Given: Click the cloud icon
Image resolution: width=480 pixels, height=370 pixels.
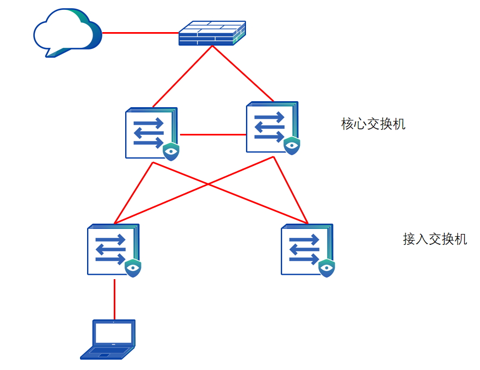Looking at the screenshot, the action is point(67,33).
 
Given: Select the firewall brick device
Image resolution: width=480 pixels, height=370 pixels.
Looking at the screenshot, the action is point(212,33).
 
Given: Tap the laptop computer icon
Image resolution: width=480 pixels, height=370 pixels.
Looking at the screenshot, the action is point(108,339).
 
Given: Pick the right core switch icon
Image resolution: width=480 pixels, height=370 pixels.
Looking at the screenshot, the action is point(273,128).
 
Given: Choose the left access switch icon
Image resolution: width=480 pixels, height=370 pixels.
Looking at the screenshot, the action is point(114,250).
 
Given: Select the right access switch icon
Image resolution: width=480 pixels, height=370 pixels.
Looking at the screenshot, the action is point(308,250).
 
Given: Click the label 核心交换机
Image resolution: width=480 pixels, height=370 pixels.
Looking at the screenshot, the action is point(373,124).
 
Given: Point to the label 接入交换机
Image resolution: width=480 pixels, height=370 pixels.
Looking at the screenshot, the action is point(435,239).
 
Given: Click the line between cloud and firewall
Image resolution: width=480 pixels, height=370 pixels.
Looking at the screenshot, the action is point(140,33).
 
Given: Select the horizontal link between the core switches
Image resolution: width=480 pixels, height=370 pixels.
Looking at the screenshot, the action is point(213,134).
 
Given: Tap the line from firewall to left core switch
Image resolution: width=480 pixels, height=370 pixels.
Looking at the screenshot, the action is point(182,77).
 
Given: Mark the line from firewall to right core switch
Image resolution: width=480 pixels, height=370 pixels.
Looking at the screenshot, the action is point(243,73).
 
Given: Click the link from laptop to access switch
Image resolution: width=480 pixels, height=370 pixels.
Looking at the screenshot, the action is point(114,299).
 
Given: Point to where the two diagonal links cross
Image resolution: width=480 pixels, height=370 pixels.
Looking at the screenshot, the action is point(208,184).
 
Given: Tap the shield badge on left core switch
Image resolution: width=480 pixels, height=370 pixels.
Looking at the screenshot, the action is point(171,151).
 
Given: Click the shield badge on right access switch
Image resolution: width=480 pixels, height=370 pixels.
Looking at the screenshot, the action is point(327,268).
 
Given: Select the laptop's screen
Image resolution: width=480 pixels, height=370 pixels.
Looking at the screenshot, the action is point(114,333).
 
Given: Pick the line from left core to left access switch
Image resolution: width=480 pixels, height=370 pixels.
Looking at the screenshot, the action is point(133,193).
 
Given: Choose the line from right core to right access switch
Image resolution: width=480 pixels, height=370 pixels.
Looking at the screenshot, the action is point(291,190).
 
